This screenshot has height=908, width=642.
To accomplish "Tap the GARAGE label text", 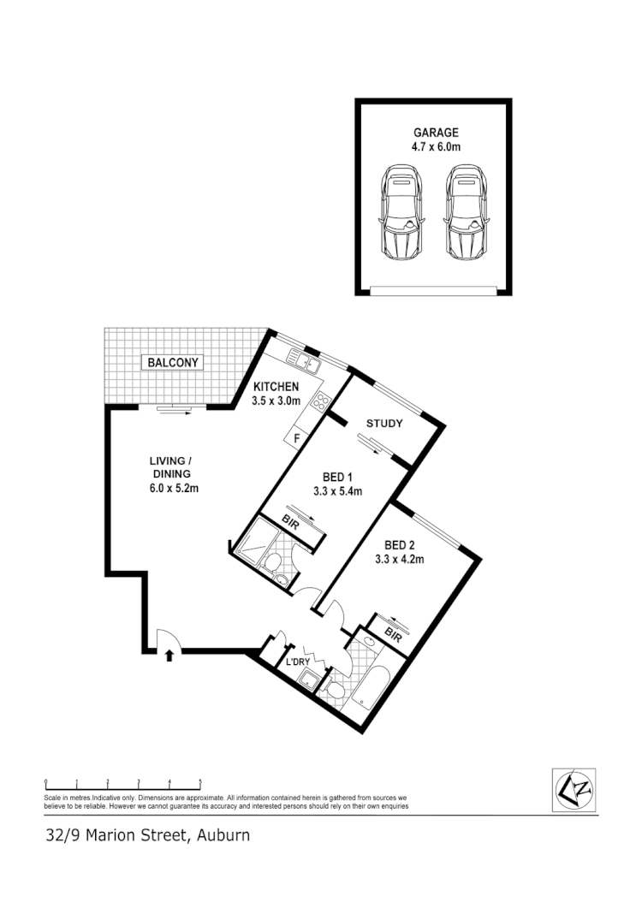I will coord(436,133).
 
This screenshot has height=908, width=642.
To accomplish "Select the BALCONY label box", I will coord(173,363).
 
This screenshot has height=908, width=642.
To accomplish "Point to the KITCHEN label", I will coord(275,387).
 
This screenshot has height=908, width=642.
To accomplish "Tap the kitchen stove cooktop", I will coord(321,400).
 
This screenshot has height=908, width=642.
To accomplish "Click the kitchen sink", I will coord(304,362).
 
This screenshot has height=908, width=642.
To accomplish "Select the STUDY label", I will coord(384,424).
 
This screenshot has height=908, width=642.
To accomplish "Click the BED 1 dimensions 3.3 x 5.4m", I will coord(338,491).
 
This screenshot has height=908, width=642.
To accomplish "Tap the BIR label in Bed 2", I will coord(394,635).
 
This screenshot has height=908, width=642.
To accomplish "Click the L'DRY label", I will coord(297,662).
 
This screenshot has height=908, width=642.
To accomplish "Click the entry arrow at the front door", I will coord(169,656).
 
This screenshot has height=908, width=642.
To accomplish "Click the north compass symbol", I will coord(574,788).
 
